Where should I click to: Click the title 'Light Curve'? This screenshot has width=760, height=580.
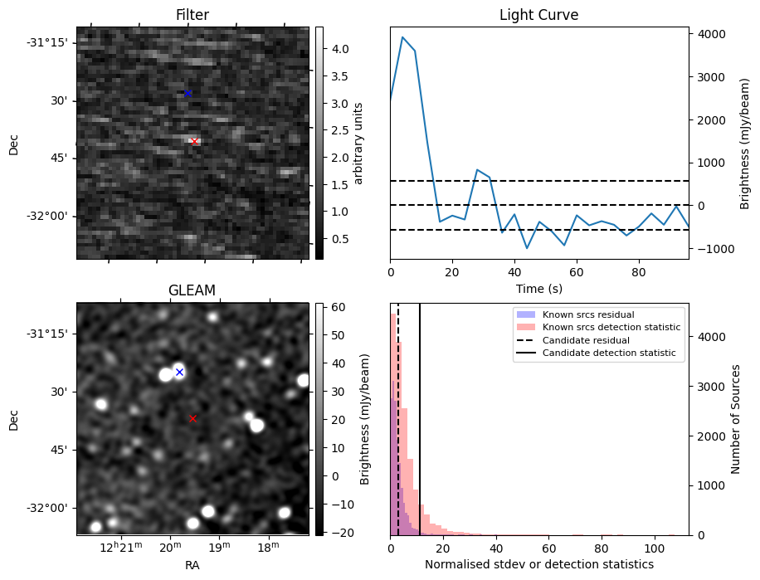(x=538, y=15)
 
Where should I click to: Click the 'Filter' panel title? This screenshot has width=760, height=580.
(x=192, y=15)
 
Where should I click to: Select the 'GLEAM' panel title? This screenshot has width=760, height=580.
(x=192, y=290)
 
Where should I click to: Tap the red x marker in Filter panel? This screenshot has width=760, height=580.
(x=194, y=142)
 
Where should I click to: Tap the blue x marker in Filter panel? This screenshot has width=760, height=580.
(x=188, y=93)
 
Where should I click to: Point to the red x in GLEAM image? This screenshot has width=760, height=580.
(x=193, y=419)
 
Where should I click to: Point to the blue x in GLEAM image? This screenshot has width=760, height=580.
(x=179, y=372)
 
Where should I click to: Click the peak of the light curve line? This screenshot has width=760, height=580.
(x=402, y=37)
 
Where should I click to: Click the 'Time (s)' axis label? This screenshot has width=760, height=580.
(x=538, y=287)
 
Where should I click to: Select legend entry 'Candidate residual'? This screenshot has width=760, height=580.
(x=586, y=340)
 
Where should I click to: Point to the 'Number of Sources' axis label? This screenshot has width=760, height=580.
(x=736, y=419)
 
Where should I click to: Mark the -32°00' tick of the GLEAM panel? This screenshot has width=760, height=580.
(x=46, y=508)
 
